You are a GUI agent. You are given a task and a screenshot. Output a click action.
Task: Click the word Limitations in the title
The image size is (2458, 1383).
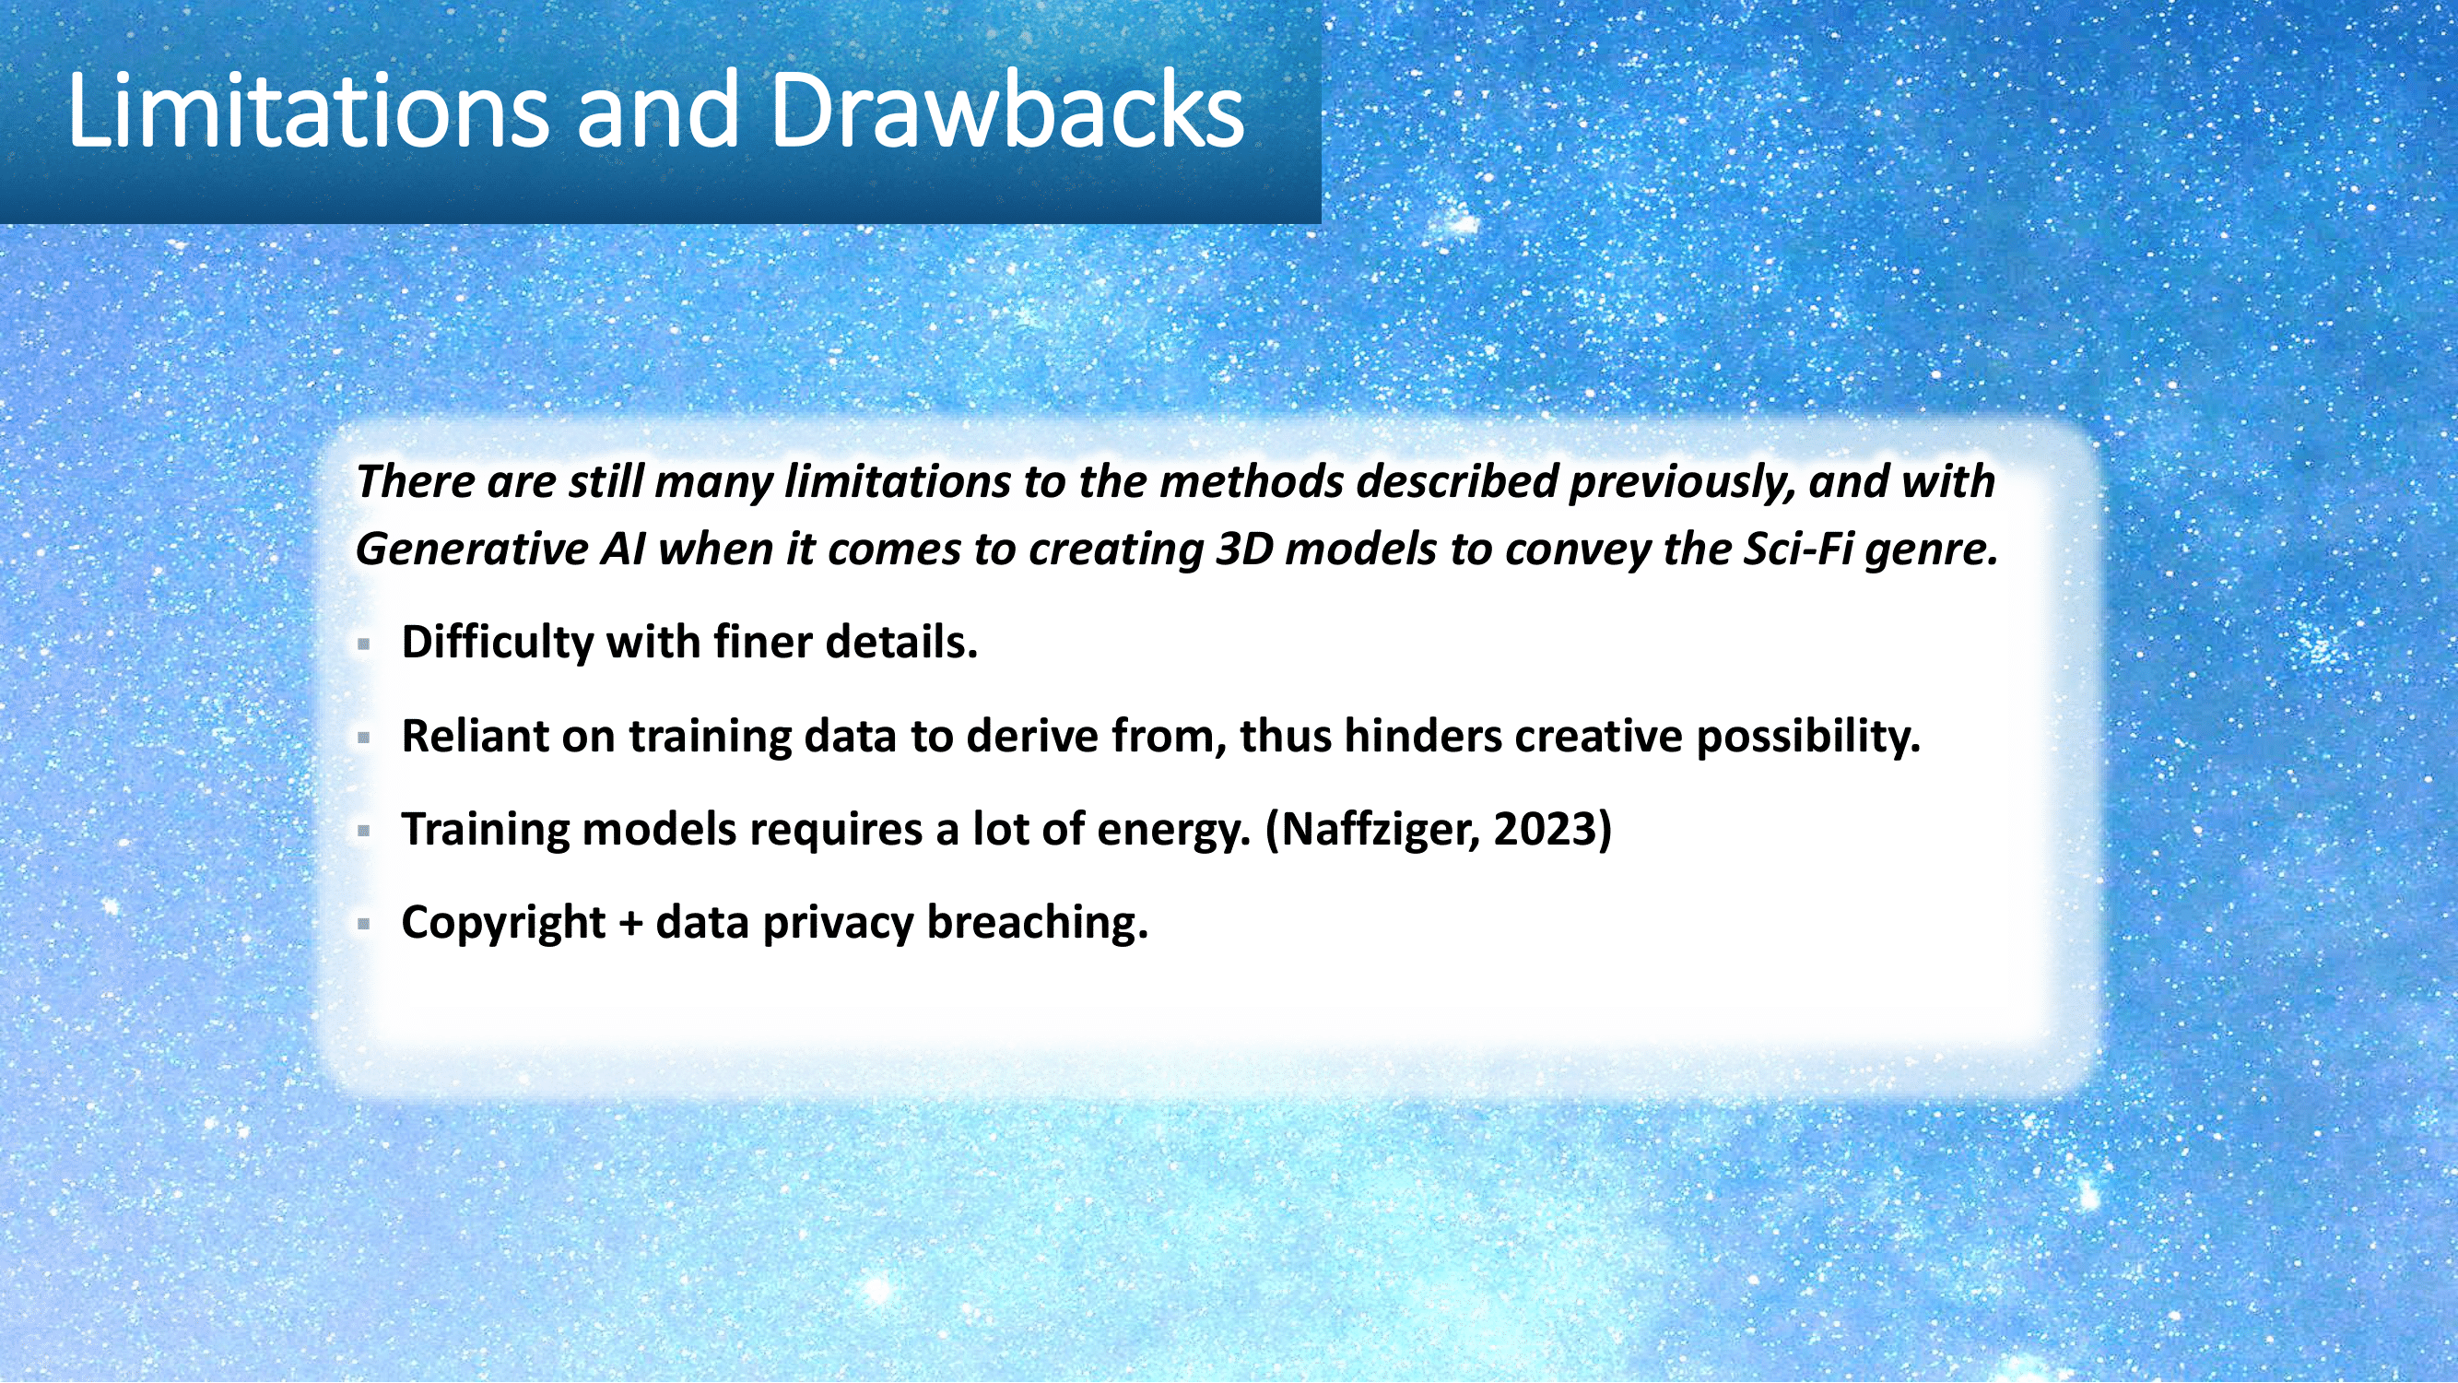(308, 110)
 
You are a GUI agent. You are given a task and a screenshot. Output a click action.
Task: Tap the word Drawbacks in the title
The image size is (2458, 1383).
(1006, 110)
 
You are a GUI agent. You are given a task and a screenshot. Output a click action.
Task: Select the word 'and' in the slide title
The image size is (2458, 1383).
(658, 110)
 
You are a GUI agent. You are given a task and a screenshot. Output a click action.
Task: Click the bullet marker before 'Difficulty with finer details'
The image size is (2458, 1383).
(363, 644)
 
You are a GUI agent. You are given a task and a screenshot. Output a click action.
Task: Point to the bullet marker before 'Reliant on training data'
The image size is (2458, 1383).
(363, 738)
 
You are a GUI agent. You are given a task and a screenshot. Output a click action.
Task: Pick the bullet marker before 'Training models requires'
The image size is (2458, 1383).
(363, 832)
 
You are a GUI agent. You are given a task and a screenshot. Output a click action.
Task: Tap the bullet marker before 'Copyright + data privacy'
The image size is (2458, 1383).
(363, 924)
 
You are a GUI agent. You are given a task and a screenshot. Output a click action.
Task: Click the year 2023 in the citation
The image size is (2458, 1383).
(1545, 829)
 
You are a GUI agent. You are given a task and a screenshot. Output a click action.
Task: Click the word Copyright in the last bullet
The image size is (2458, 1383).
(504, 923)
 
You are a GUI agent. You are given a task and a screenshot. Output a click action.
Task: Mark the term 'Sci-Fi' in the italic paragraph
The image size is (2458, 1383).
(1798, 549)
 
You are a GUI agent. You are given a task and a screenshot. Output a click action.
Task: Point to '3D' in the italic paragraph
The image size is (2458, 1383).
(1244, 549)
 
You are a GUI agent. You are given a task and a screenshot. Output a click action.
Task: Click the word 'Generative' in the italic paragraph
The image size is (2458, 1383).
(471, 549)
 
